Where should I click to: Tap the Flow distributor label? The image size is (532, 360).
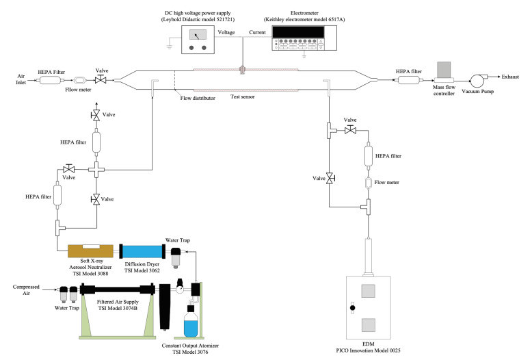coord(198,98)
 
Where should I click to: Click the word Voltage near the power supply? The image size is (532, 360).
coord(226,32)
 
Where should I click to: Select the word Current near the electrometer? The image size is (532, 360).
coord(258,32)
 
